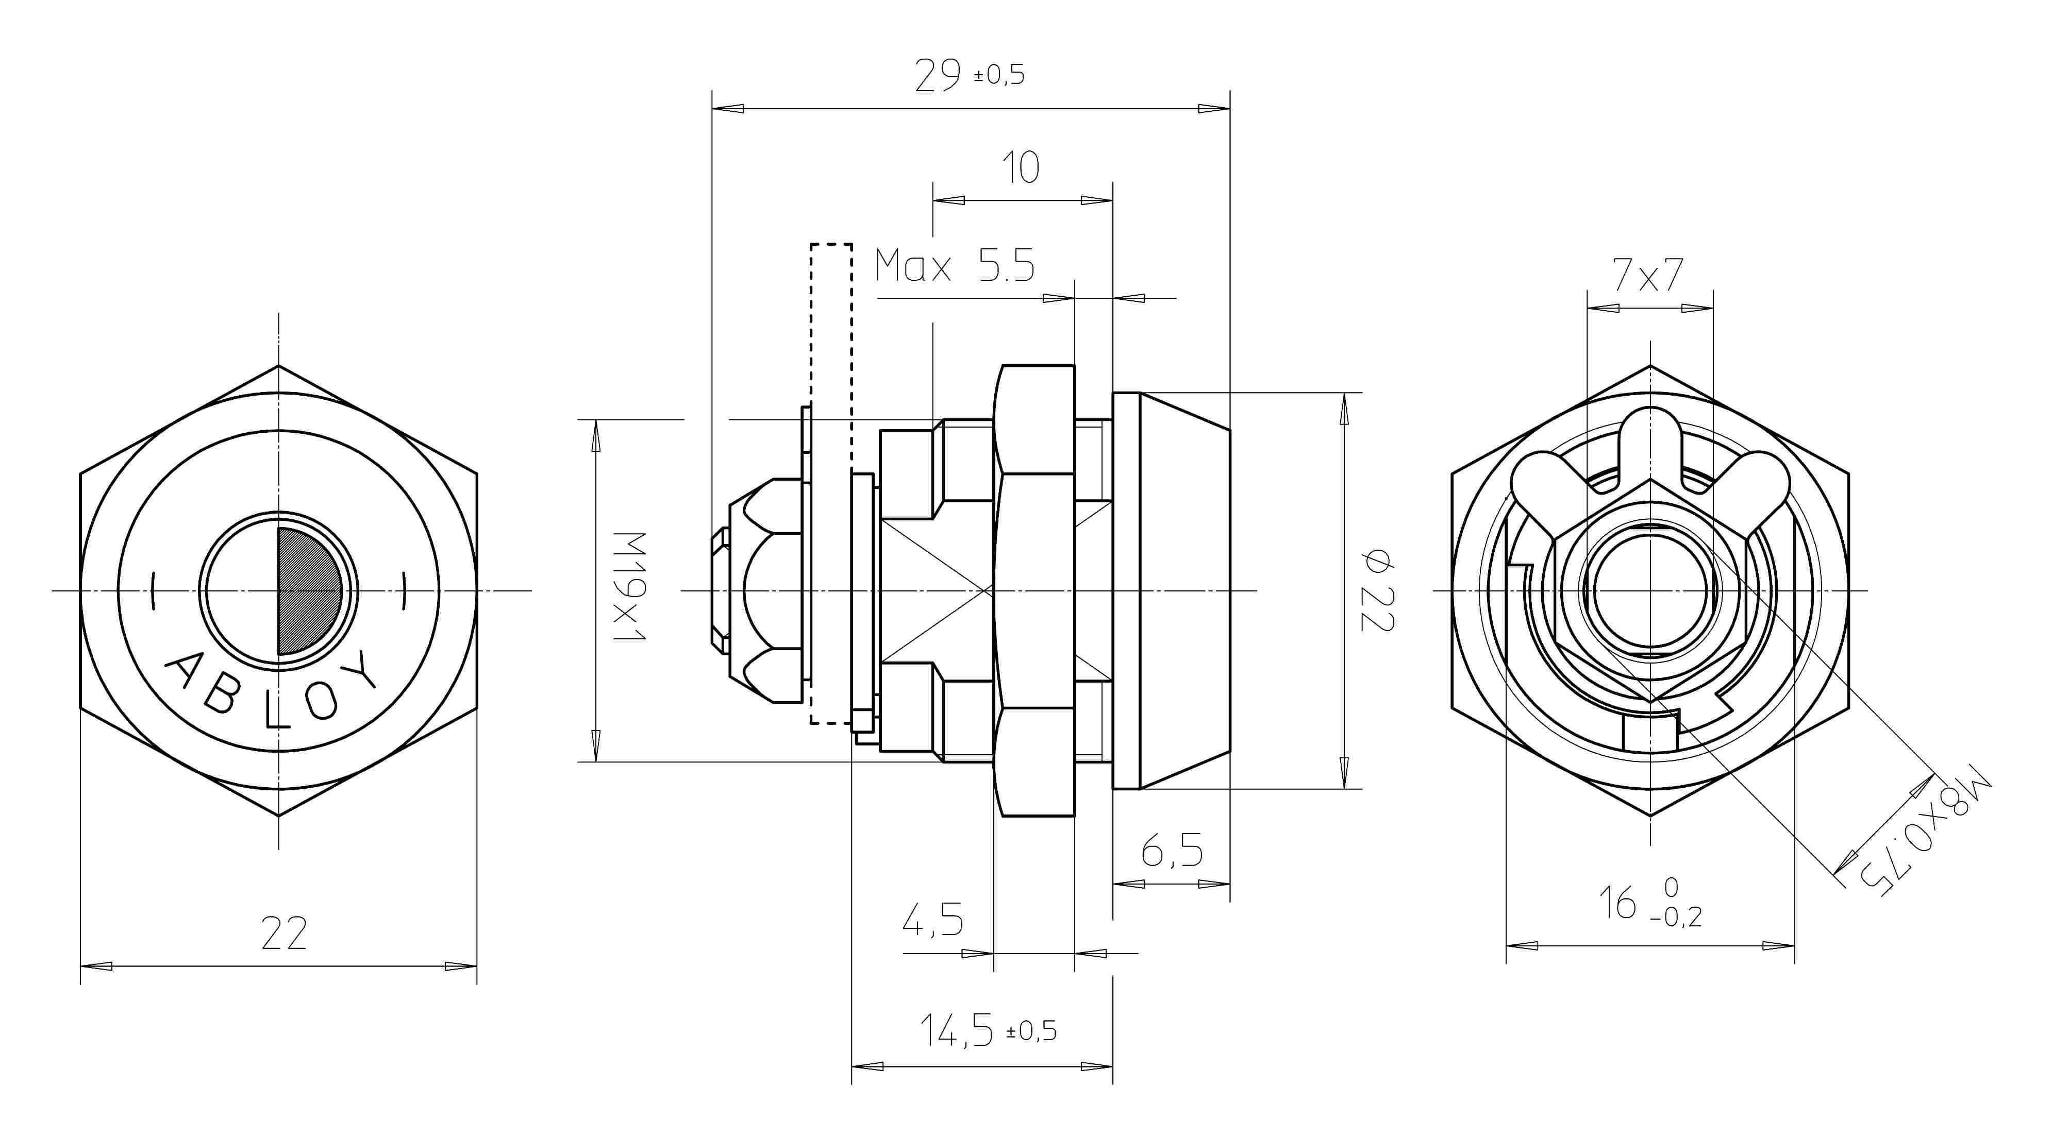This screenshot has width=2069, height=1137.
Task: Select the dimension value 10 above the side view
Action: tap(1021, 168)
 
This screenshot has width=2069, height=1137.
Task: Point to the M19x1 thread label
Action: tap(630, 586)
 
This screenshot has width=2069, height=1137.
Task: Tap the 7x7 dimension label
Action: tap(1648, 276)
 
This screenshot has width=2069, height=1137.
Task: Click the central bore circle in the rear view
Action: tap(1650, 591)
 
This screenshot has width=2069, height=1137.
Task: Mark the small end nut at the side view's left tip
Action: tap(720, 591)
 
